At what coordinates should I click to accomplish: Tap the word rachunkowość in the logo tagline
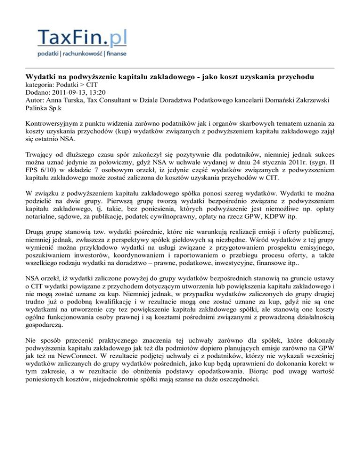click(x=79, y=54)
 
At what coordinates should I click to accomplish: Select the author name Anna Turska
click(x=63, y=100)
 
